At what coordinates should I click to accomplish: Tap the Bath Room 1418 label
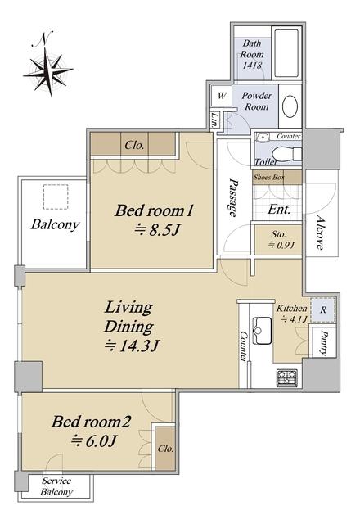pyautogui.click(x=252, y=54)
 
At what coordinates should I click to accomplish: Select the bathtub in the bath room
pyautogui.click(x=286, y=53)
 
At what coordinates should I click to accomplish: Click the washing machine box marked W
pyautogui.click(x=222, y=96)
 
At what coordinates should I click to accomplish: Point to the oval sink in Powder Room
pyautogui.click(x=290, y=106)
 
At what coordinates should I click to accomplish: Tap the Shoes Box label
pyautogui.click(x=269, y=177)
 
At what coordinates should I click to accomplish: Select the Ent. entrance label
pyautogui.click(x=279, y=210)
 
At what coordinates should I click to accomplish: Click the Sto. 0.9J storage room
pyautogui.click(x=278, y=240)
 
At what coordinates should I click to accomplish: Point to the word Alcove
pyautogui.click(x=320, y=233)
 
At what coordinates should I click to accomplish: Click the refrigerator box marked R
pyautogui.click(x=323, y=309)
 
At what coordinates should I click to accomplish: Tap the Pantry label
pyautogui.click(x=323, y=342)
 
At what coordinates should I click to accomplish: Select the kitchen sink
pyautogui.click(x=263, y=331)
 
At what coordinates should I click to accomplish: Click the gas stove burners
pyautogui.click(x=287, y=378)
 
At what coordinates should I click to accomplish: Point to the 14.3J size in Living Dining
pyautogui.click(x=131, y=346)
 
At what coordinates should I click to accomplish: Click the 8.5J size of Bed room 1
pyautogui.click(x=157, y=230)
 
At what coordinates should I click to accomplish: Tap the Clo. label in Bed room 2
pyautogui.click(x=165, y=449)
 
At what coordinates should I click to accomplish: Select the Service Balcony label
pyautogui.click(x=56, y=486)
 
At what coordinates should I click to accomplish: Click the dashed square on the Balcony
pyautogui.click(x=56, y=196)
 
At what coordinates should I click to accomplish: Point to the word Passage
pyautogui.click(x=233, y=197)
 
